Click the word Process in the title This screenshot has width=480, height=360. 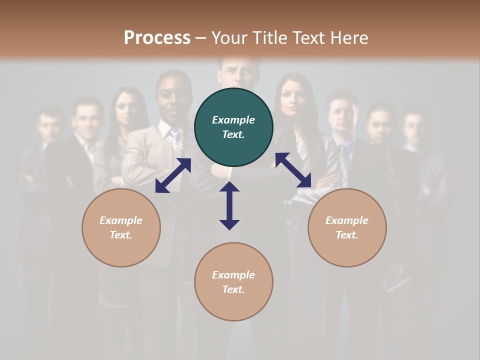(x=157, y=38)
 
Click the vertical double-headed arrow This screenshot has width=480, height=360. (x=229, y=205)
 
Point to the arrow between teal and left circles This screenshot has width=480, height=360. (x=173, y=175)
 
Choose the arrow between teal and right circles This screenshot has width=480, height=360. (x=293, y=170)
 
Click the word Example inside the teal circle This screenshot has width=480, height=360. (x=233, y=120)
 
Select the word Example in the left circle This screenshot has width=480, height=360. (x=121, y=220)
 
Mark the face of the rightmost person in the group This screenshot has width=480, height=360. (x=414, y=127)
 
